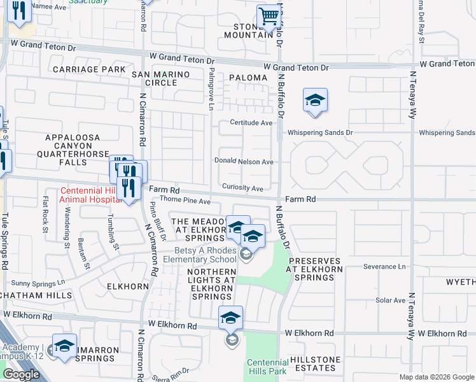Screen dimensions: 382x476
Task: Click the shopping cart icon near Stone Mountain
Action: pos(269,17)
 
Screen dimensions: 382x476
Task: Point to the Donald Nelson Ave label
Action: pos(244,162)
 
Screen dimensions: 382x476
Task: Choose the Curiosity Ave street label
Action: pos(242,188)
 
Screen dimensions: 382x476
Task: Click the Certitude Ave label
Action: pos(251,123)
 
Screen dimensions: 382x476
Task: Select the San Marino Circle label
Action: pos(160,78)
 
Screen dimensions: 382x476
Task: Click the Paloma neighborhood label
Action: pos(248,78)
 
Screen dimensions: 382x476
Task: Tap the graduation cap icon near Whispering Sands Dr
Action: pos(315,101)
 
